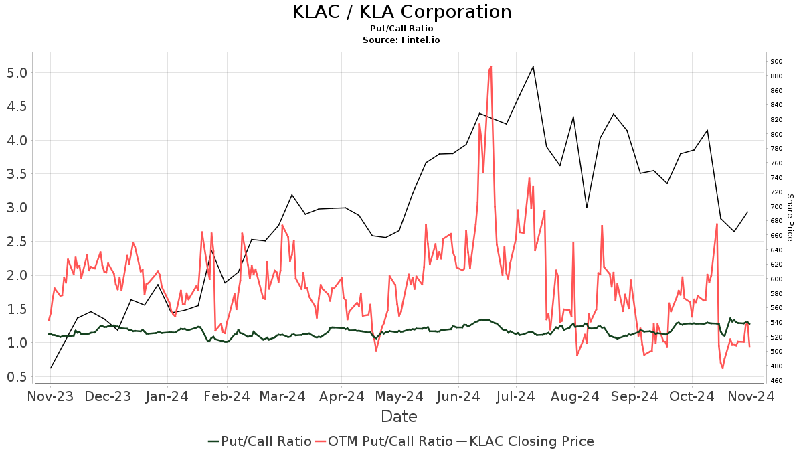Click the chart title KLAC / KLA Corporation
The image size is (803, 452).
point(401,12)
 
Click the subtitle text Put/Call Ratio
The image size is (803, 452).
point(401,29)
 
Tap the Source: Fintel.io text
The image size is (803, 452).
point(401,40)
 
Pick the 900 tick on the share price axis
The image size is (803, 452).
point(776,62)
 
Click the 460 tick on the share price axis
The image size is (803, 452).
point(776,381)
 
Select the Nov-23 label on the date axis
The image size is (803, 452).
point(51,397)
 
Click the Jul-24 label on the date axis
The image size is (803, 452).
point(516,397)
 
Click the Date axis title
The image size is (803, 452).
point(399,417)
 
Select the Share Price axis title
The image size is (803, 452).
point(790,217)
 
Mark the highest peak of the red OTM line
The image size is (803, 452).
point(490,66)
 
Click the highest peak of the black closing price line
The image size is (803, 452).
point(533,66)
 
